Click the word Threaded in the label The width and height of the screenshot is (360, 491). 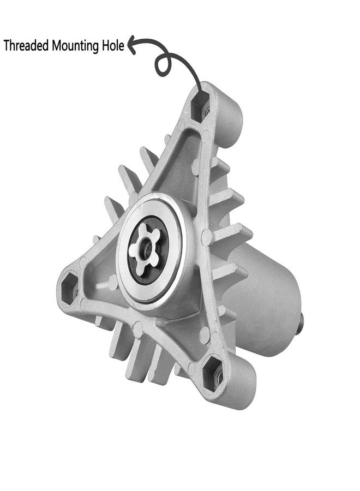[x=26, y=45]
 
